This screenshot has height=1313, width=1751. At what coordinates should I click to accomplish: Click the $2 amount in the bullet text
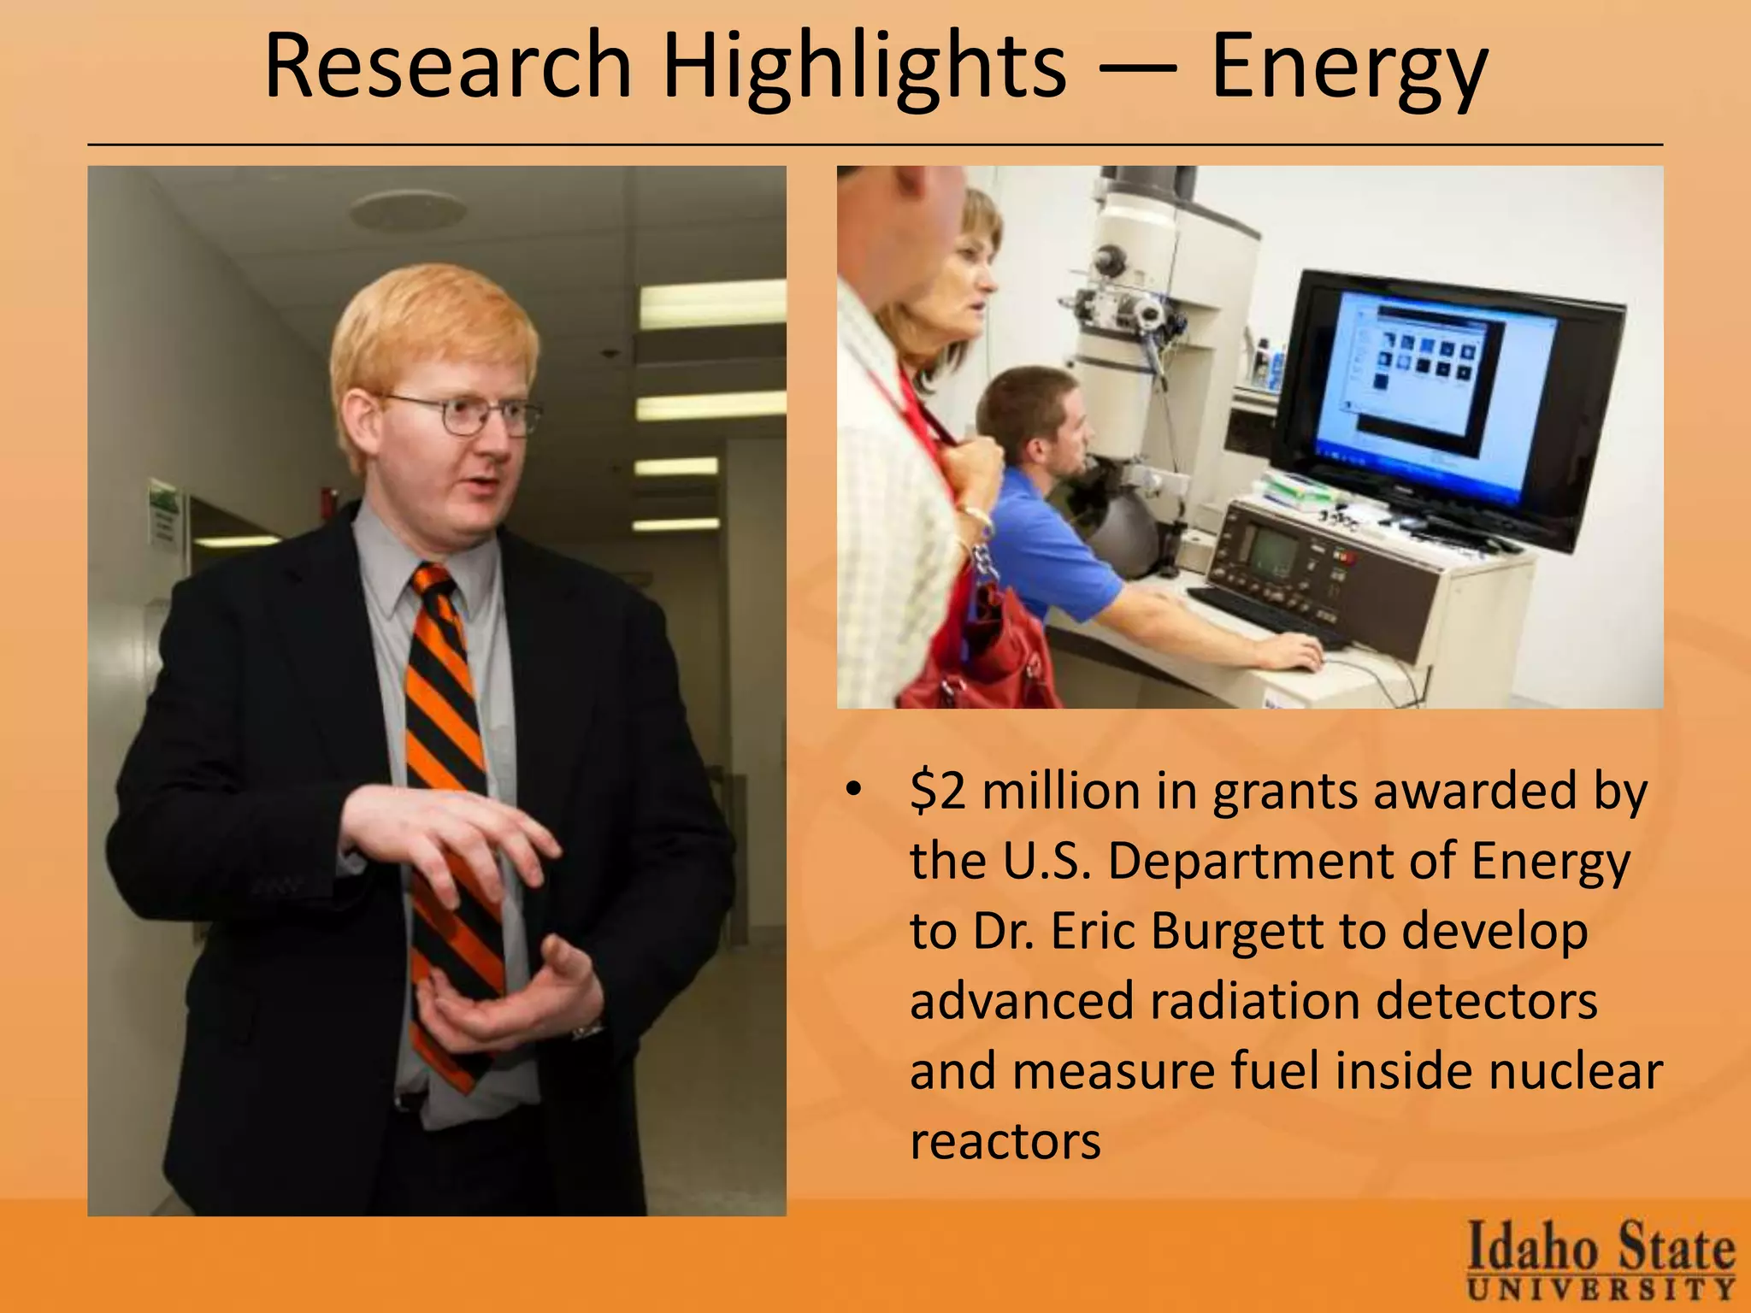point(938,791)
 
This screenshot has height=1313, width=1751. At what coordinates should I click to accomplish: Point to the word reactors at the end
point(1005,1141)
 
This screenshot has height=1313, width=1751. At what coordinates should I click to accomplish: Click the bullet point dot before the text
point(852,790)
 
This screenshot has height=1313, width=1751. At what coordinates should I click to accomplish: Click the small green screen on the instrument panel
point(1272,551)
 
